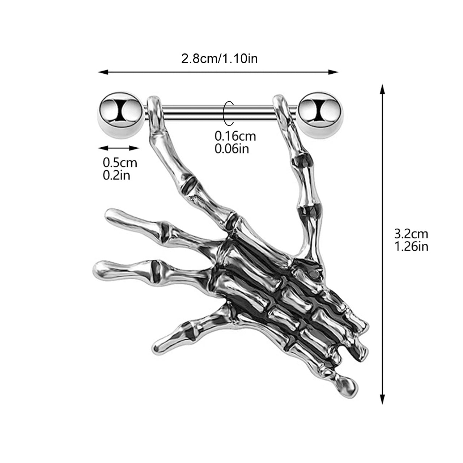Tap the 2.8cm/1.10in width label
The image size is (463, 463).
pos(220,58)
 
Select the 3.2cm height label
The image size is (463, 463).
pos(411,234)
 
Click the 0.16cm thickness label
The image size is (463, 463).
pos(235,136)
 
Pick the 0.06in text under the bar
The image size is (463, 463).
pos(232,149)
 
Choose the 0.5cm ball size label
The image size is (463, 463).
pos(120,162)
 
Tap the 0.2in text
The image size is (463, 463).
pos(116,175)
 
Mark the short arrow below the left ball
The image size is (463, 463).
pos(119,148)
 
